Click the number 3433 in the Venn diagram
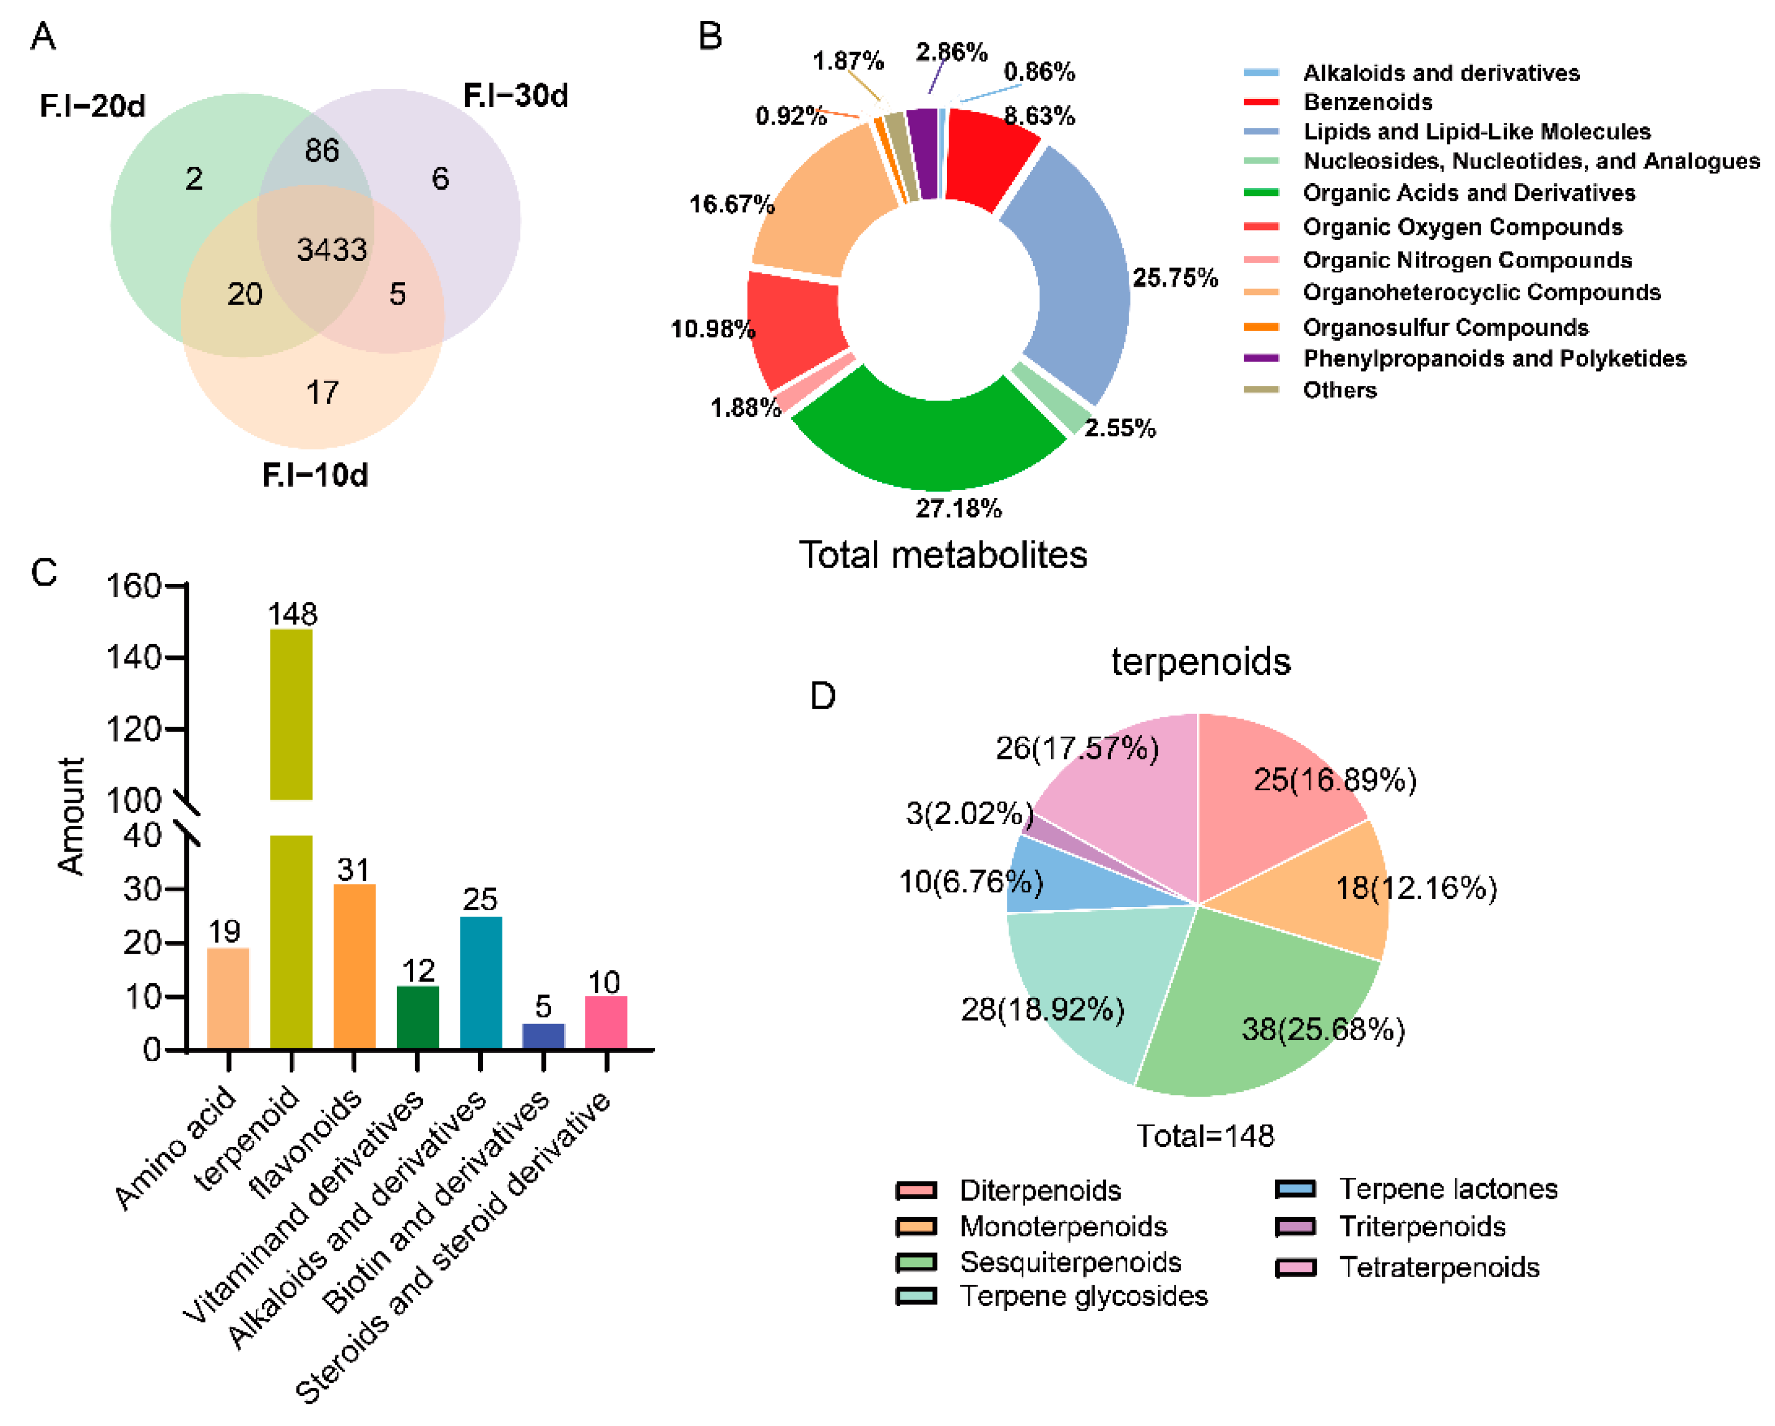click(332, 249)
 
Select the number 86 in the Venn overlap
click(321, 150)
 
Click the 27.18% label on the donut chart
click(958, 508)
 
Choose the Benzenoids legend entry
click(1367, 102)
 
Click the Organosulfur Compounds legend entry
click(1445, 327)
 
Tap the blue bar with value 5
click(543, 1036)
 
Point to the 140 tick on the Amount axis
click(133, 658)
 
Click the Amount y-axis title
click(71, 815)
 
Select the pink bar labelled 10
click(606, 1022)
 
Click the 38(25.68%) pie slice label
click(1322, 1029)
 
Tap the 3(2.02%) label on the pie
click(969, 813)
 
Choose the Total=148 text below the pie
click(1204, 1136)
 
